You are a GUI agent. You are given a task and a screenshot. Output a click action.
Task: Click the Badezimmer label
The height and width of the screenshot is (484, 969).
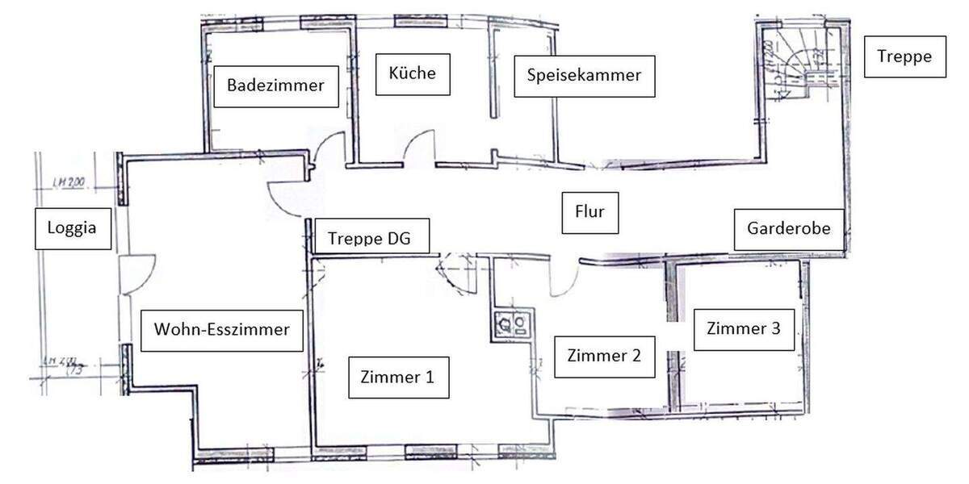[275, 86]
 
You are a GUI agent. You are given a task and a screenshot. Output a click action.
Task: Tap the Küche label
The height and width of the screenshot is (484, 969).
[412, 73]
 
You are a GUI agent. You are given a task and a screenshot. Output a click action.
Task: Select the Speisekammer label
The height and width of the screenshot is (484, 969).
[584, 76]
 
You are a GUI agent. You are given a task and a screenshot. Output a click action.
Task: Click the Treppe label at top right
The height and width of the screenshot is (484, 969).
[904, 56]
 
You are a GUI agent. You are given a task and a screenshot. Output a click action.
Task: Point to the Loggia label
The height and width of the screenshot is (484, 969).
[72, 227]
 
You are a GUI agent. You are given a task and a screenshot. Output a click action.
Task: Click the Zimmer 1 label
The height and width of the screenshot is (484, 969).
[398, 377]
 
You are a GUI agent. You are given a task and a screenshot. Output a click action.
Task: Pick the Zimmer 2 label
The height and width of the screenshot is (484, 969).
[604, 356]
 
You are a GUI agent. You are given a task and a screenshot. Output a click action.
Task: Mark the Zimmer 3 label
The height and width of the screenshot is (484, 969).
[743, 329]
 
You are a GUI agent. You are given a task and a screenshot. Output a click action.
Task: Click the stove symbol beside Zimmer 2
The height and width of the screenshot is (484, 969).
[510, 324]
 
